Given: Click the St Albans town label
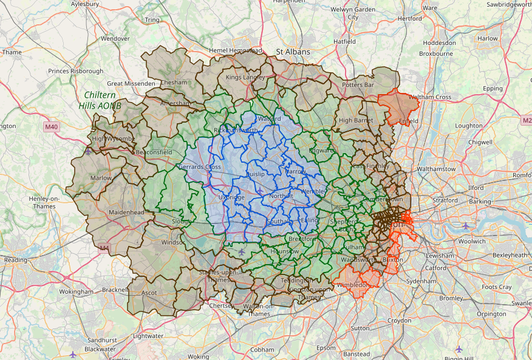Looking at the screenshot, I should coord(293,52).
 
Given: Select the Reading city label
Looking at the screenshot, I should coord(15,260).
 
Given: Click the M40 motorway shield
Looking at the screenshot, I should coord(52,127).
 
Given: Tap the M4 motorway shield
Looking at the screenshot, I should coord(104,248).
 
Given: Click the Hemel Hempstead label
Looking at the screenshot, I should coord(235,50).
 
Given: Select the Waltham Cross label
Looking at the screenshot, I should coord(429,97).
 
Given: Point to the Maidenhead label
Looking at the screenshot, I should coord(126,212).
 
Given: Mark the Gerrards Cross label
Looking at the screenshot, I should coord(200,167).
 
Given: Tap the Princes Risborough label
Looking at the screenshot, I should coord(76,72).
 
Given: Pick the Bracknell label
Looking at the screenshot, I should coord(115,291).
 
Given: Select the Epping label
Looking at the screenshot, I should coord(493,89).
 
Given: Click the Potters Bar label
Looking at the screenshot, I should coord(358,85).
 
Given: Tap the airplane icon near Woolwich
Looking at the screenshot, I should coord(465,226).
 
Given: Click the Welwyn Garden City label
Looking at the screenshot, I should coord(353,13).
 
